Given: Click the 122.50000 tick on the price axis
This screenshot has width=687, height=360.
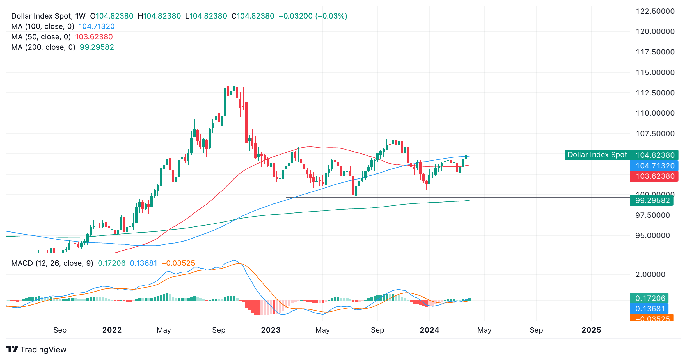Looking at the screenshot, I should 655,12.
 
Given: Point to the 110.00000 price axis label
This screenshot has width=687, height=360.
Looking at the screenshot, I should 655,113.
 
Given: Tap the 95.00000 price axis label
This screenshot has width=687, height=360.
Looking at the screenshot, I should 652,235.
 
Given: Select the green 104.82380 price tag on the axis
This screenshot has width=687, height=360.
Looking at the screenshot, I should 655,155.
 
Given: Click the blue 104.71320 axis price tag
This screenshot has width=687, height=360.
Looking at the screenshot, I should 655,166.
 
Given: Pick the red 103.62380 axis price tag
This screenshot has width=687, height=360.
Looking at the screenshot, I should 655,176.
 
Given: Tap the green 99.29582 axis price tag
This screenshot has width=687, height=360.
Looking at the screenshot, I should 652,200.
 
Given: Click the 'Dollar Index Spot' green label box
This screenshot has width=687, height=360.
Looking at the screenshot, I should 597,155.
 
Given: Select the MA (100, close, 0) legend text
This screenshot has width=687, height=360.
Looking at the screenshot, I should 43,26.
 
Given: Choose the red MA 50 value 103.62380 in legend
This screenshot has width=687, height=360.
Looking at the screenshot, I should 94,37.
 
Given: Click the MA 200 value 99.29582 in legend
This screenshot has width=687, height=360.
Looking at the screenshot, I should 97,47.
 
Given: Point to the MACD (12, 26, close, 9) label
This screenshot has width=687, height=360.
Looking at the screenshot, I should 52,263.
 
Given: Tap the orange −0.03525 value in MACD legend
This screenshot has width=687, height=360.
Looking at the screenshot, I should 178,263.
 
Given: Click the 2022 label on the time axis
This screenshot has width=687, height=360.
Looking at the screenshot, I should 112,330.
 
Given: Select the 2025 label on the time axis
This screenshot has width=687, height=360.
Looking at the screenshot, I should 591,330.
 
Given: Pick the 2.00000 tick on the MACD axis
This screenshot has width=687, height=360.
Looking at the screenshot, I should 650,274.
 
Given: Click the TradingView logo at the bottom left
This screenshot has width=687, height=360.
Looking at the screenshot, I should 36,350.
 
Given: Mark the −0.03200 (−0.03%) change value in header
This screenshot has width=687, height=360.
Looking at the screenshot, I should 313,16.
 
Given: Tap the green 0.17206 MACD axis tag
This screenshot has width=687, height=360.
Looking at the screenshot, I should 650,298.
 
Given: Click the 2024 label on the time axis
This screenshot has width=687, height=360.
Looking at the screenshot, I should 429,330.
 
